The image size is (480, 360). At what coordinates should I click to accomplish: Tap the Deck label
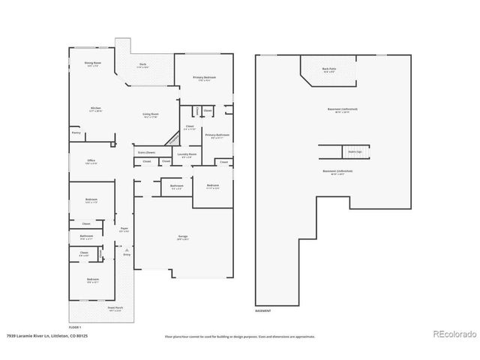(142, 64)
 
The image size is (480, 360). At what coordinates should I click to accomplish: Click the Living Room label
(151, 115)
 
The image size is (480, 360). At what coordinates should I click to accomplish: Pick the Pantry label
(76, 133)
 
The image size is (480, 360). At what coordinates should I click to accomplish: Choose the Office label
(91, 160)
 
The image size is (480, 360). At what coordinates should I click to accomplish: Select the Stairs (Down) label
(145, 152)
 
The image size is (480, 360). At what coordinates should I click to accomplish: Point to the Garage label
(182, 237)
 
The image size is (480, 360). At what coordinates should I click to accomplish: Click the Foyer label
(124, 229)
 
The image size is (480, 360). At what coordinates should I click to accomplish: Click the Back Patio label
(328, 69)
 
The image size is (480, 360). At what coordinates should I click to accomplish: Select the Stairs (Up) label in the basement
(354, 151)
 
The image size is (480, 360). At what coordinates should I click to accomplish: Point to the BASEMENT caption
(263, 310)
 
